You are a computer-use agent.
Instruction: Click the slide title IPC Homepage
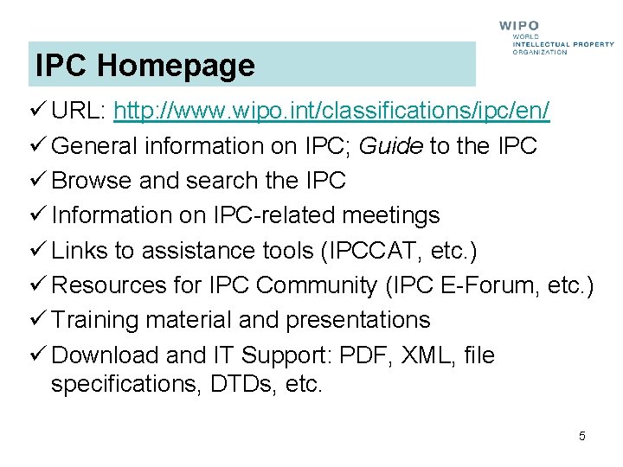pyautogui.click(x=145, y=66)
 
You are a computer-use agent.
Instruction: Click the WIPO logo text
pyautogui.click(x=519, y=26)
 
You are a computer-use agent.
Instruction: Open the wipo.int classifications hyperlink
pyautogui.click(x=331, y=112)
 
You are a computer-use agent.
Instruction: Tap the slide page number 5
pyautogui.click(x=582, y=436)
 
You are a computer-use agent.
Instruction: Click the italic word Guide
pyautogui.click(x=390, y=146)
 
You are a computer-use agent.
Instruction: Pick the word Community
pyautogui.click(x=318, y=285)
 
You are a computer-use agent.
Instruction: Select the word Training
pyautogui.click(x=95, y=320)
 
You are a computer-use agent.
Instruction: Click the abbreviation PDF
pyautogui.click(x=362, y=355)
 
